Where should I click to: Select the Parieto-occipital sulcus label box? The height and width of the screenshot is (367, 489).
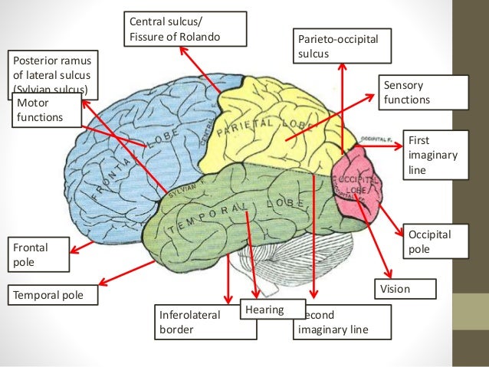pyautogui.click(x=341, y=47)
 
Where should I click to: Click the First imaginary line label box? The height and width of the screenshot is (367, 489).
pyautogui.click(x=433, y=155)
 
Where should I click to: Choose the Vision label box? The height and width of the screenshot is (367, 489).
pyautogui.click(x=405, y=289)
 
